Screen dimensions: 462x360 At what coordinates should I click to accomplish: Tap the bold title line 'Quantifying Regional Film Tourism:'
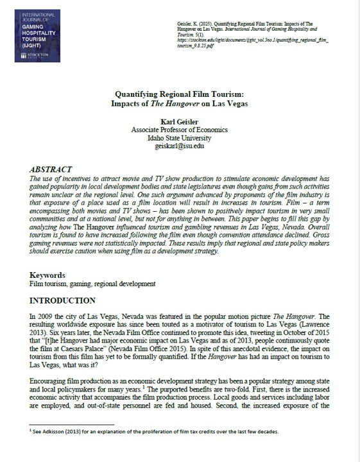pyautogui.click(x=179, y=93)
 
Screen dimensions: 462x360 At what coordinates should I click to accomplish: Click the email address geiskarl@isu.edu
pyautogui.click(x=179, y=146)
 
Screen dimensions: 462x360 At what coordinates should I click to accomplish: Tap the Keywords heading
pyautogui.click(x=49, y=275)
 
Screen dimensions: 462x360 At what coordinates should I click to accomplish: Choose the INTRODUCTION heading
pyautogui.click(x=63, y=300)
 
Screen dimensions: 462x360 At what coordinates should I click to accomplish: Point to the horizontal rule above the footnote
pyautogui.click(x=71, y=424)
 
